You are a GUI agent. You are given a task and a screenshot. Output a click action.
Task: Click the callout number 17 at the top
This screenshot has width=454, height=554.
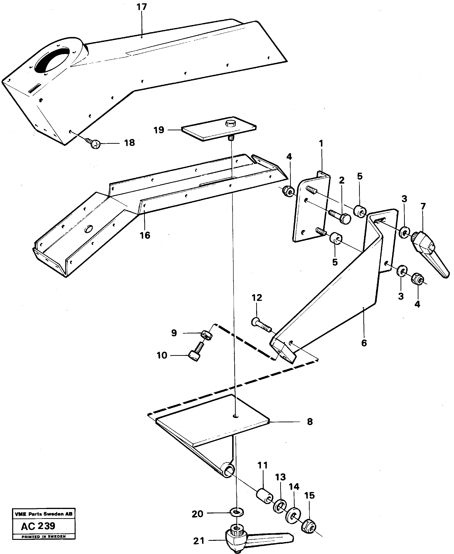pos(142,7)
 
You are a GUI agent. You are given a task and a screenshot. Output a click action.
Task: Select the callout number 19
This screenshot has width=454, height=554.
pos(159,130)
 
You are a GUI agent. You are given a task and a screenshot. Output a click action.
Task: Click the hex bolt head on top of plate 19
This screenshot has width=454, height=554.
pos(230,123)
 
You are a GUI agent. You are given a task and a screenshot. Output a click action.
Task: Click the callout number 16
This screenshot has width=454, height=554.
pos(145,235)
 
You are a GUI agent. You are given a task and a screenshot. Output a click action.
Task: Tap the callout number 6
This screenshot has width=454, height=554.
pos(364,343)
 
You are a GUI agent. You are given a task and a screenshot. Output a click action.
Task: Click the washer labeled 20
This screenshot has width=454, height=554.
pos(236,511)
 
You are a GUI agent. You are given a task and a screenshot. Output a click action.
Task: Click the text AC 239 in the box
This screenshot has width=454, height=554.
pos(38,526)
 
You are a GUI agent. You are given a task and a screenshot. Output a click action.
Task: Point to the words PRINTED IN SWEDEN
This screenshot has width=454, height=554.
pos(44,537)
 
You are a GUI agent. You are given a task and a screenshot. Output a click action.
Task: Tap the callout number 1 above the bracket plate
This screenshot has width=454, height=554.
pos(321,144)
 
